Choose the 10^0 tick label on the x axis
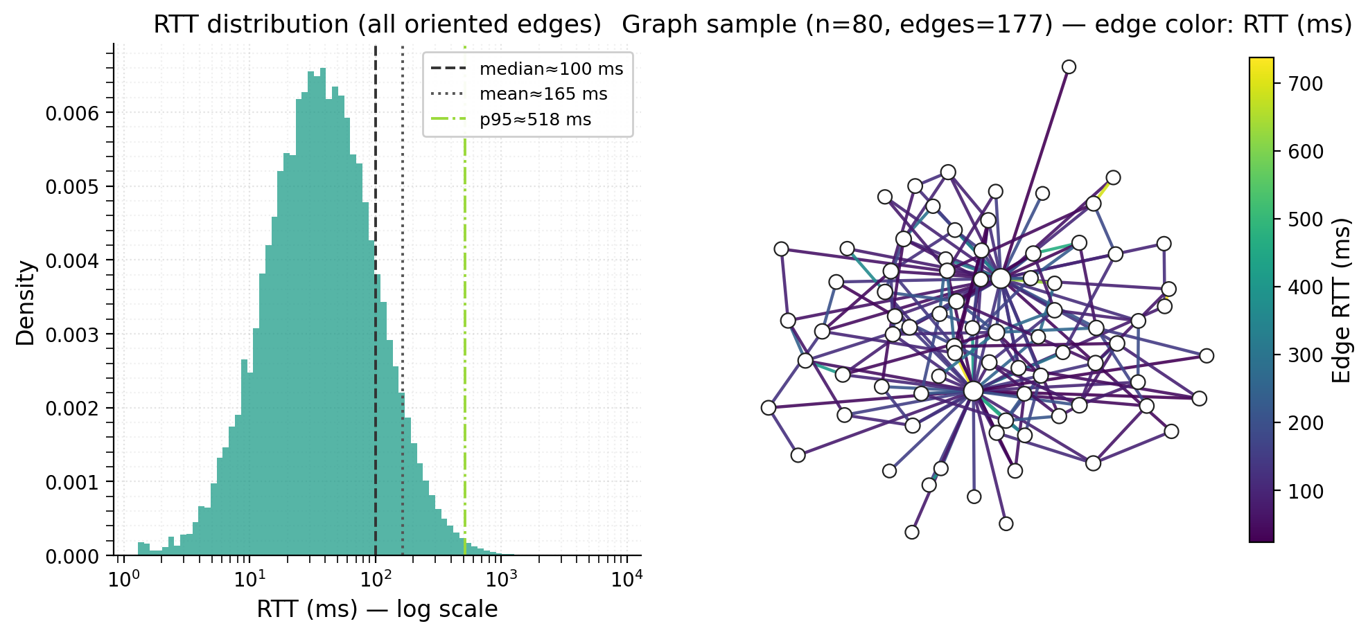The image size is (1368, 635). pyautogui.click(x=121, y=576)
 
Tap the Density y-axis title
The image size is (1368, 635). pyautogui.click(x=26, y=303)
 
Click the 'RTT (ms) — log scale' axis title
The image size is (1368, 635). pyautogui.click(x=377, y=609)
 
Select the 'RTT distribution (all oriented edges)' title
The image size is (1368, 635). pyautogui.click(x=377, y=25)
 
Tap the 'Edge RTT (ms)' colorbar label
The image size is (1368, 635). pyautogui.click(x=1342, y=300)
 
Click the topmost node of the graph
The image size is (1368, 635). pyautogui.click(x=1069, y=67)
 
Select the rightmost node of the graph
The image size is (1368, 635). pyautogui.click(x=1207, y=356)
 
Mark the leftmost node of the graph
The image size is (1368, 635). pyautogui.click(x=768, y=408)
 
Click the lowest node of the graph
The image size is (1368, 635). pyautogui.click(x=912, y=532)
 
